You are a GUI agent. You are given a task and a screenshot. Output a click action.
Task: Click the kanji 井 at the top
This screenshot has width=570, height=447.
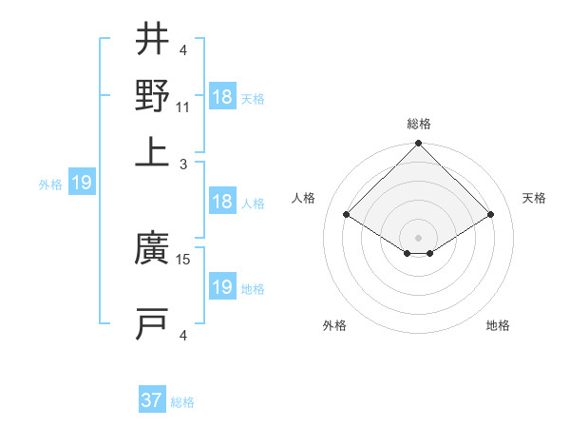click(152, 40)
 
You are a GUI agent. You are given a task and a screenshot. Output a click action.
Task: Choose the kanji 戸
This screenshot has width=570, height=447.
click(152, 323)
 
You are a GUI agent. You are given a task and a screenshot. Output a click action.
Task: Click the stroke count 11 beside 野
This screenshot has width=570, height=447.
click(183, 107)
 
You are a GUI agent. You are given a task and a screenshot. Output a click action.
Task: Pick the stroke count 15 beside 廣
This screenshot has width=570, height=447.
click(184, 259)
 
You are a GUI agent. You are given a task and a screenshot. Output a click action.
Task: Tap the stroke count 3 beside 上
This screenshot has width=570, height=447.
click(184, 164)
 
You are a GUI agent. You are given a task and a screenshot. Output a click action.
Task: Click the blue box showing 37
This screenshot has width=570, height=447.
click(151, 400)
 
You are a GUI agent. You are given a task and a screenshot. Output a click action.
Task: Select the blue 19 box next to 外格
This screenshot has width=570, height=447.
click(81, 183)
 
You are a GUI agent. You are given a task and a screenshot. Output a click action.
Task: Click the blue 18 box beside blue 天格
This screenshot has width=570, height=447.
click(221, 97)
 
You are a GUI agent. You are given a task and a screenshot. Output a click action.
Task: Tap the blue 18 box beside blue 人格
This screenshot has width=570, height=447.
click(221, 202)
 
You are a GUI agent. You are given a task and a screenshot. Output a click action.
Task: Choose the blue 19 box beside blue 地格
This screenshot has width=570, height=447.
click(221, 287)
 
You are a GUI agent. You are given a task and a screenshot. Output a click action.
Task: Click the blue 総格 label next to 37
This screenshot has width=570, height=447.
click(182, 402)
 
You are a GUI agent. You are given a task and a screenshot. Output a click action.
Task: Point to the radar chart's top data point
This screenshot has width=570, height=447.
click(418, 145)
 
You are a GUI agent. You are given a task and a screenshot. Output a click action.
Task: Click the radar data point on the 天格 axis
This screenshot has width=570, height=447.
click(491, 216)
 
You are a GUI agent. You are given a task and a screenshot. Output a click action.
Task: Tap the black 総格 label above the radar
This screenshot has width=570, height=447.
click(419, 124)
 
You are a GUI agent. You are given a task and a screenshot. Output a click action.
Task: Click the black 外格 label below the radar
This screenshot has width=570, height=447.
click(334, 325)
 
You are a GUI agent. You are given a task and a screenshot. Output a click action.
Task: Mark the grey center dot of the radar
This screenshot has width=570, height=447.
click(418, 237)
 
